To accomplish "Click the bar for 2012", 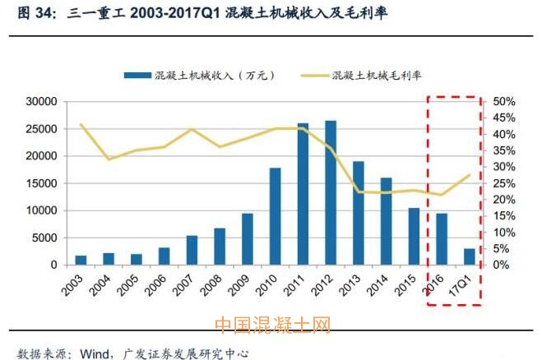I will (331, 193).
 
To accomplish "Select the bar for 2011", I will (303, 195).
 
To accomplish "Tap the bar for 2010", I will (275, 216).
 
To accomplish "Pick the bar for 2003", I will (81, 260).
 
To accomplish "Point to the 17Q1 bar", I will (470, 256).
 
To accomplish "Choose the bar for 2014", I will (387, 221).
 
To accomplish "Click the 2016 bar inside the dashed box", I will (442, 239).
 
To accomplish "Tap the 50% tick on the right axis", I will (504, 101).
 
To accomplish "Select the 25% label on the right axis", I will (504, 183).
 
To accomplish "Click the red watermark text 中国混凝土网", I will (271, 325).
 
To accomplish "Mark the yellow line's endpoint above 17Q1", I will (470, 175).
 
